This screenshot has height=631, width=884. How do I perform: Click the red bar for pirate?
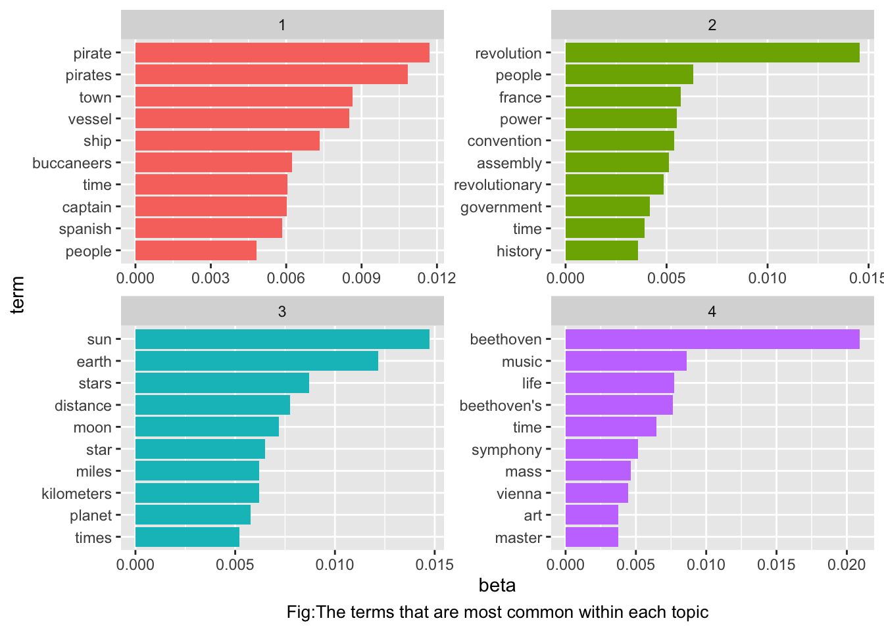coord(282,53)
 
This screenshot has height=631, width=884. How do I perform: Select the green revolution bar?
coord(712,53)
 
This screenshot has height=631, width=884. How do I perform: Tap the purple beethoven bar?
coord(712,339)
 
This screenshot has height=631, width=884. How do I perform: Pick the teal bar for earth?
coord(257,361)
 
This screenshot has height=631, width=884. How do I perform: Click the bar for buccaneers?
coord(213,162)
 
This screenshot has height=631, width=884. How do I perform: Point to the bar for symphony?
coord(601,449)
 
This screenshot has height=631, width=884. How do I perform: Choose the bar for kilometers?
coord(197,493)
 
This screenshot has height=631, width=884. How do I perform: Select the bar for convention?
coord(620,141)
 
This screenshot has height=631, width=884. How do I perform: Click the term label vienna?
coord(519,494)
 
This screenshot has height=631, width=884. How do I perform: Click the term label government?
coord(501,207)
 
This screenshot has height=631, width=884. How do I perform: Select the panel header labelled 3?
coord(282,311)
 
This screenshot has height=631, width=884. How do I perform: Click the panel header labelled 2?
coord(712,25)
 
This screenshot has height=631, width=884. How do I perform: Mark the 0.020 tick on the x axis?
coord(847,564)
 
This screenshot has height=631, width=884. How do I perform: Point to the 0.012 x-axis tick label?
coord(437,278)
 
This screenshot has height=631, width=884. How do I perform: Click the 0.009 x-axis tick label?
coord(361,278)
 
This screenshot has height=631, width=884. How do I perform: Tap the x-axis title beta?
coord(497,586)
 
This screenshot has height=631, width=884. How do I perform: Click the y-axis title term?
coord(18,294)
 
